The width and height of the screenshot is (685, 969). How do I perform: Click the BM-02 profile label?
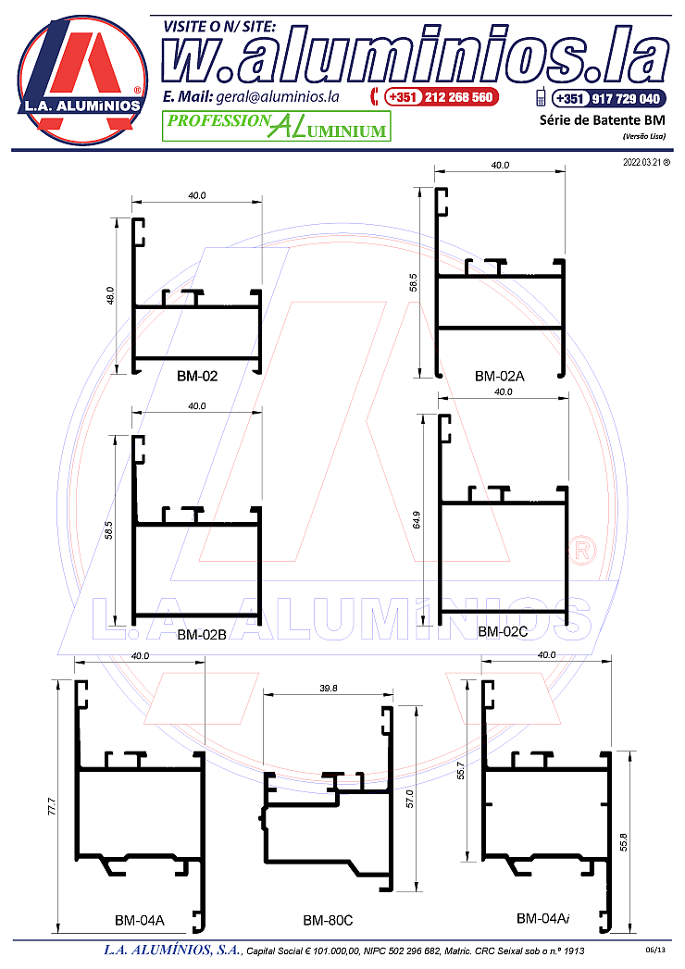coord(197,376)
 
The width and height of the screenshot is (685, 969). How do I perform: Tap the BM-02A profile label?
coord(500,376)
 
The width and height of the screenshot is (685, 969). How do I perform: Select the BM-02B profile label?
coord(202,635)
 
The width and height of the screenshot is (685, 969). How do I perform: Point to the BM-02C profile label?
coord(503,631)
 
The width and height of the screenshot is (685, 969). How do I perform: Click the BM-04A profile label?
coord(140,920)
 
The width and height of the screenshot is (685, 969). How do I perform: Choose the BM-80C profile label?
coord(328,920)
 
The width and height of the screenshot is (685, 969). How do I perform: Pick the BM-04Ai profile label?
coord(542,918)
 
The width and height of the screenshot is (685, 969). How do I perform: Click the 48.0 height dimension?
coord(111,296)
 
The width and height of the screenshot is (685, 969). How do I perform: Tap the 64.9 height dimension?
coord(416,520)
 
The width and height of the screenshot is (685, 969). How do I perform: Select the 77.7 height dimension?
coord(51,806)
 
